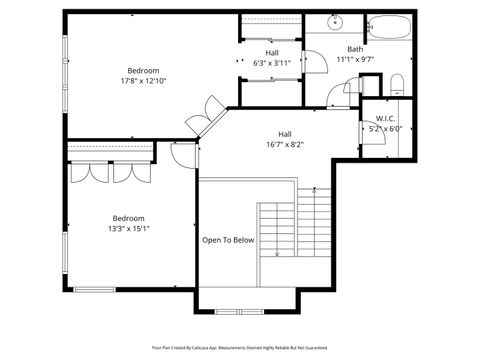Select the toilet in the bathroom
(x=396, y=81)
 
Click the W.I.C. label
(x=385, y=118)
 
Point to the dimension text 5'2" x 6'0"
(x=384, y=128)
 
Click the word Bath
(x=355, y=49)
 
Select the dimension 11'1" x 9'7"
(x=355, y=59)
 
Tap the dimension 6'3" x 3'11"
(x=272, y=63)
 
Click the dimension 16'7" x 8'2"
(x=285, y=144)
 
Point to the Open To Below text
(x=228, y=240)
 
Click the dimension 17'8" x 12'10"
(x=143, y=80)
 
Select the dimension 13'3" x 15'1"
(x=128, y=228)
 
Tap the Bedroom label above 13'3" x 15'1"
(x=128, y=218)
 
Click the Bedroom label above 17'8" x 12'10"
(x=143, y=70)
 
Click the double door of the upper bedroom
(x=208, y=115)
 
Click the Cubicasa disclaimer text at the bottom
(x=239, y=347)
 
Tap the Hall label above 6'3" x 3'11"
(x=272, y=53)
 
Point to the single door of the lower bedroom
(x=184, y=154)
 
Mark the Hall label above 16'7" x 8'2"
(x=285, y=134)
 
